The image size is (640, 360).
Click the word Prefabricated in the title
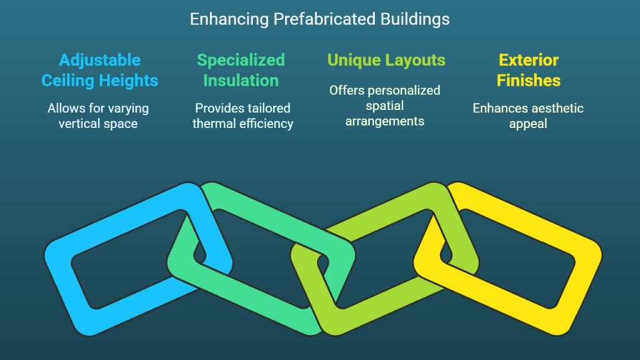(324, 19)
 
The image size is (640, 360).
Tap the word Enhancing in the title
(229, 19)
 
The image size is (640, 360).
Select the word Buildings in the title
(415, 19)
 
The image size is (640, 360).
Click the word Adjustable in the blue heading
(99, 61)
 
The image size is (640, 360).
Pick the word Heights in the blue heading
(129, 81)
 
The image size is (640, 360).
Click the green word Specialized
(241, 61)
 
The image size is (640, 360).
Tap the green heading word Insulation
(241, 81)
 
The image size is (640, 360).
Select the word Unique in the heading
(354, 60)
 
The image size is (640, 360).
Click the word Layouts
(416, 61)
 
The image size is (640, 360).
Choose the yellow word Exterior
(529, 60)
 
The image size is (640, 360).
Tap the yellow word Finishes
(529, 81)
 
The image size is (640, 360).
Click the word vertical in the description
(77, 124)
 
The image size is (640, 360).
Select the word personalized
(403, 91)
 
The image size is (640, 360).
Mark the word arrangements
(384, 122)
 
